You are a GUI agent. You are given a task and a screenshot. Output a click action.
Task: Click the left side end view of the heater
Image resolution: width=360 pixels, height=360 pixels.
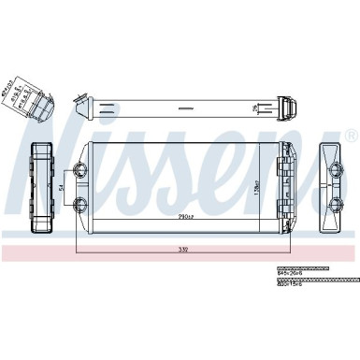click(x=43, y=187)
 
